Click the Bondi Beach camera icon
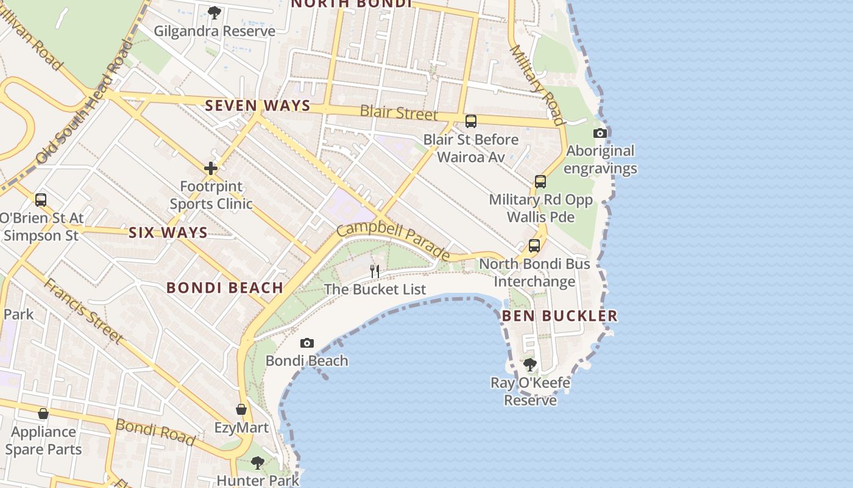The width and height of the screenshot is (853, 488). click(x=307, y=343)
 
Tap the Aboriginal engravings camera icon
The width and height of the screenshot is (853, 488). click(x=600, y=134)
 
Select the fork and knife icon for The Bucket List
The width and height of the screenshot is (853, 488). click(x=375, y=271)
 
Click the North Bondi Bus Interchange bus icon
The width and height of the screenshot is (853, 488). click(x=534, y=246)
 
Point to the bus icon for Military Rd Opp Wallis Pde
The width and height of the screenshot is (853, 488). click(x=540, y=182)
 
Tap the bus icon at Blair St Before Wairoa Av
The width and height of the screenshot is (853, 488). click(x=471, y=121)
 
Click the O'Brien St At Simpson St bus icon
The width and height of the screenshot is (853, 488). click(x=41, y=200)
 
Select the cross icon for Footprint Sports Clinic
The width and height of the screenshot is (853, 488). click(x=211, y=168)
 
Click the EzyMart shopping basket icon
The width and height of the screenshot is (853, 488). click(x=241, y=409)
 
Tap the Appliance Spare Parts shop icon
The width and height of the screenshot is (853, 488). click(x=43, y=414)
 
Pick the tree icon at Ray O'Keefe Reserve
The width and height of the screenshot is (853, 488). click(x=530, y=365)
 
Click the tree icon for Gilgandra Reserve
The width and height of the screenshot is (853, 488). click(x=214, y=13)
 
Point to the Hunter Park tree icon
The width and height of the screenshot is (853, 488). click(x=258, y=463)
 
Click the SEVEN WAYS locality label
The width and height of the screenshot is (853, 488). click(x=258, y=106)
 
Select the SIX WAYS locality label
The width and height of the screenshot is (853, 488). click(x=168, y=232)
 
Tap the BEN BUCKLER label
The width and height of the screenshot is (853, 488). click(x=559, y=315)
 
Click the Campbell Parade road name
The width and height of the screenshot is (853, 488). click(x=394, y=240)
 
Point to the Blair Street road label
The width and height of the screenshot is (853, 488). click(x=398, y=113)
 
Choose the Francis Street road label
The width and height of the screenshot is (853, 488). click(x=84, y=310)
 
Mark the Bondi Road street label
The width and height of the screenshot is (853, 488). click(x=155, y=432)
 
